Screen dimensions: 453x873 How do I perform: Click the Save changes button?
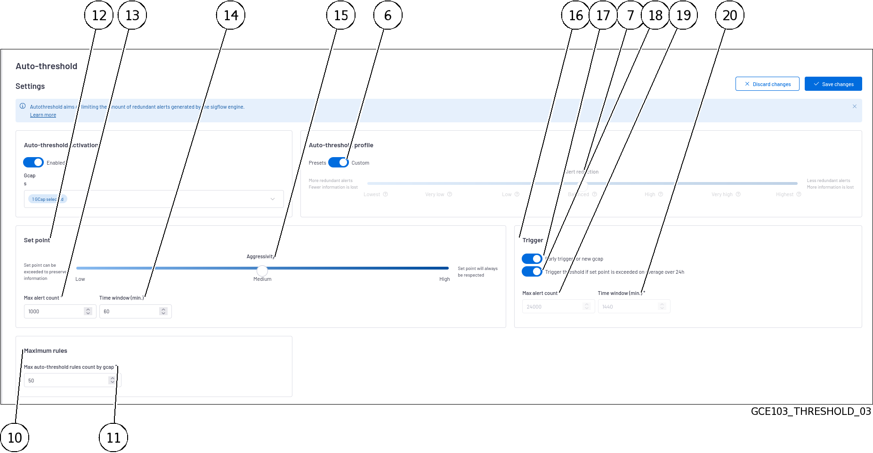pos(833,84)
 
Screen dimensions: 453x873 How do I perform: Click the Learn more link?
pos(43,115)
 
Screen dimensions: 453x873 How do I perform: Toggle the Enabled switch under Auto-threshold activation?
pos(33,162)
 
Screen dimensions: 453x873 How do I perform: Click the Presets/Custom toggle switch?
pos(338,162)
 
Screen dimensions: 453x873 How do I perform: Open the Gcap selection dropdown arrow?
pos(272,199)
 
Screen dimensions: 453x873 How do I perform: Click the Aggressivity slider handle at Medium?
pos(262,270)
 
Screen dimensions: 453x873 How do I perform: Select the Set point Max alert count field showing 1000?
pos(54,311)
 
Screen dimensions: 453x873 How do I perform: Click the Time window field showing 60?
pos(129,311)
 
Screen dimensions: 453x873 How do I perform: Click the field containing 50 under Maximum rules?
pos(66,381)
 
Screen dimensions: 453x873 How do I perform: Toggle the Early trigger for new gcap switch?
pos(532,259)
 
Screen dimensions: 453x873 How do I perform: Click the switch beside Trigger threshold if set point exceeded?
pos(532,271)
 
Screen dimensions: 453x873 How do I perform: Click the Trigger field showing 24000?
pos(553,307)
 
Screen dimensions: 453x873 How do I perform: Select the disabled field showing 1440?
pos(629,307)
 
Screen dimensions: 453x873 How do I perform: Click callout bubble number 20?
pos(729,15)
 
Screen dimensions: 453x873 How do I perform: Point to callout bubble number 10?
pos(15,437)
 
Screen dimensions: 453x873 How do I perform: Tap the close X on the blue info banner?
pos(854,106)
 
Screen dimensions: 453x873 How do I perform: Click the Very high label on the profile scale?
pos(722,194)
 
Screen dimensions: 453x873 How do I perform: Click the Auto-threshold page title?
pos(46,66)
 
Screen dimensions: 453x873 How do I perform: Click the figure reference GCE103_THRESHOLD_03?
pos(810,412)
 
